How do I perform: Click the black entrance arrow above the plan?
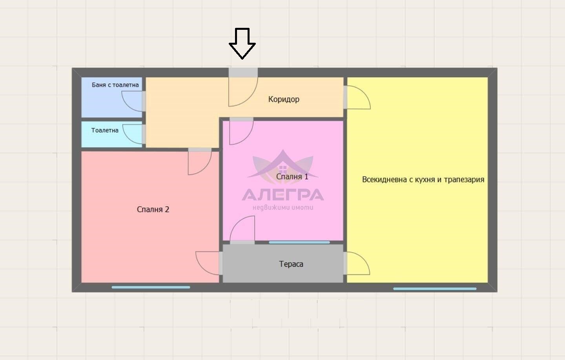(x=242, y=44)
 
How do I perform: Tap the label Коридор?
(x=284, y=99)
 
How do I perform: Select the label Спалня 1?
(x=292, y=176)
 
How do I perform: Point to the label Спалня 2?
(x=153, y=209)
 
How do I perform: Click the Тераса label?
(x=291, y=264)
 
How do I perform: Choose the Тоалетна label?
(x=105, y=130)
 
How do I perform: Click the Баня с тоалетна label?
(x=115, y=85)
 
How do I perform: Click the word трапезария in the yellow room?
(x=464, y=180)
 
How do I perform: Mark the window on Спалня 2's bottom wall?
(x=151, y=287)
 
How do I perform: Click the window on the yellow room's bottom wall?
(x=435, y=289)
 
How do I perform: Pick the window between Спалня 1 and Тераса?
(x=299, y=242)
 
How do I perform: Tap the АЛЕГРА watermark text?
(x=283, y=195)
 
